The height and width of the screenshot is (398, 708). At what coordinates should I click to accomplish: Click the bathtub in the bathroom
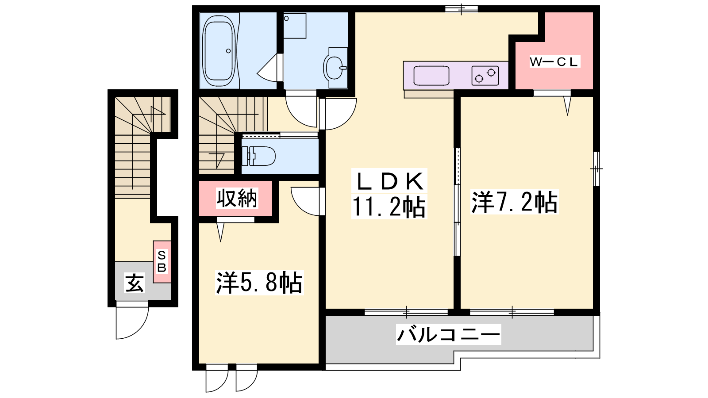tap(219, 51)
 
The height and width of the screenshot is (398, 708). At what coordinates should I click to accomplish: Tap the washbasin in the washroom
tap(335, 68)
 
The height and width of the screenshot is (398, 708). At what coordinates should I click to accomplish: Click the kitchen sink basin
tap(431, 76)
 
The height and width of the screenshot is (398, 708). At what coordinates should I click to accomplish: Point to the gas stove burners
tap(485, 76)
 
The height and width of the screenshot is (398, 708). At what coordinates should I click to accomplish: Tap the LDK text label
tap(389, 181)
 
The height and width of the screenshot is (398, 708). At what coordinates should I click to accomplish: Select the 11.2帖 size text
tap(389, 207)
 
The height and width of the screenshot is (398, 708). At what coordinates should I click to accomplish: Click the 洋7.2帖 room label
tap(514, 202)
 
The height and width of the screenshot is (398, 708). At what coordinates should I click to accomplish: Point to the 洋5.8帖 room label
tap(259, 283)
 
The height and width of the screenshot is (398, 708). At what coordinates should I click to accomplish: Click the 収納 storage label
tap(237, 198)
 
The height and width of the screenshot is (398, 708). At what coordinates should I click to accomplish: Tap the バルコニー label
tap(449, 334)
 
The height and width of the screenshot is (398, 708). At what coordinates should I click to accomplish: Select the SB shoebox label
tap(162, 261)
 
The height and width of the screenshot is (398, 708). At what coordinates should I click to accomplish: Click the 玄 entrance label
tap(135, 283)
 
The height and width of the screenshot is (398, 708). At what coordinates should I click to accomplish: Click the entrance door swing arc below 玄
tap(139, 329)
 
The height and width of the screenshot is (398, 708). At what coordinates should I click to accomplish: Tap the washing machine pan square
tap(295, 26)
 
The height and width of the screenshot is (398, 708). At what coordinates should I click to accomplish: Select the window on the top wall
tap(461, 9)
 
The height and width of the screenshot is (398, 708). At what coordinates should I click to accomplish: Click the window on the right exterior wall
tap(596, 169)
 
